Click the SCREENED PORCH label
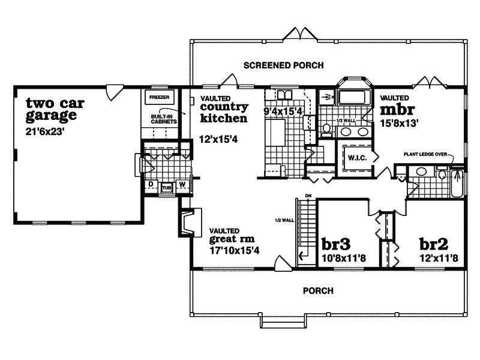pos(283,65)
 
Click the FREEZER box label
pos(159,97)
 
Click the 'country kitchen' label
pos(223,113)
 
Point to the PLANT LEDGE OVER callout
pos(425,154)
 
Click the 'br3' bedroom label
pos(336,245)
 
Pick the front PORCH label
pos(317,291)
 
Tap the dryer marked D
pos(151,184)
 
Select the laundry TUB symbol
pos(167,187)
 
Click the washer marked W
pos(182,184)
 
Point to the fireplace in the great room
pos(185,222)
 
